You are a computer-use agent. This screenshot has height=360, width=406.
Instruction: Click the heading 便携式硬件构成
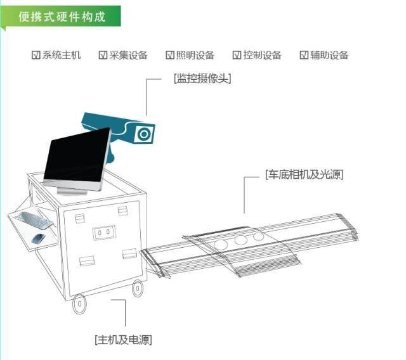(x=62, y=16)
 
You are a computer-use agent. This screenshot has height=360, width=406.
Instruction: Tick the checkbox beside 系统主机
(x=36, y=55)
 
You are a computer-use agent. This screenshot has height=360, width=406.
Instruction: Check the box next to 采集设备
(x=103, y=55)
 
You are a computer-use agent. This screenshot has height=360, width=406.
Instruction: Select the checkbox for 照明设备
(x=170, y=55)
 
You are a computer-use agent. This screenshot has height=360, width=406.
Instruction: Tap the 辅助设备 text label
(x=329, y=55)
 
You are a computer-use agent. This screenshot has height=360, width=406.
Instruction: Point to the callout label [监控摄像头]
(x=202, y=79)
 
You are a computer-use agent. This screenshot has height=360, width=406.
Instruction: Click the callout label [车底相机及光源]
(x=305, y=174)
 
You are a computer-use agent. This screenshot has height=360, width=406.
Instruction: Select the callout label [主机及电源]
(x=123, y=340)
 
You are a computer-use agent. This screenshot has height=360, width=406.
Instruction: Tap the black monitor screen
(x=76, y=157)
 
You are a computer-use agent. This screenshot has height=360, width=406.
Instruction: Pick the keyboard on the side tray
(x=37, y=221)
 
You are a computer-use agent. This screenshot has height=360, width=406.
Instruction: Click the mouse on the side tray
(x=39, y=238)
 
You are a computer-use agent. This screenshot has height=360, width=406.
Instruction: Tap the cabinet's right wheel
(x=137, y=288)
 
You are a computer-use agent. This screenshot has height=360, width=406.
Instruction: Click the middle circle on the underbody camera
(x=240, y=240)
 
